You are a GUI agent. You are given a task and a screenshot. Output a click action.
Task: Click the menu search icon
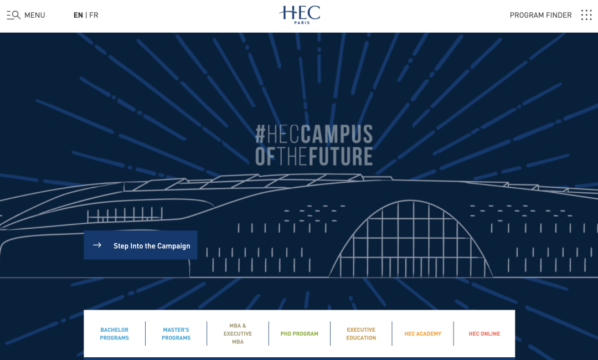coord(13,15)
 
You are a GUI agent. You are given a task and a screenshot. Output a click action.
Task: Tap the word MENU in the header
coord(34,15)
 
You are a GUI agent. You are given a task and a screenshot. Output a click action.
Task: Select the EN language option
coord(78,15)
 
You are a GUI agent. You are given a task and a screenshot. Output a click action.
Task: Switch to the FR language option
coord(94,15)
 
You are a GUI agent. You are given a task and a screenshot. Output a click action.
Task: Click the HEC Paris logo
coord(300,14)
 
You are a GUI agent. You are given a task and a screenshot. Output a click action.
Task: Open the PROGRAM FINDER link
coord(540,15)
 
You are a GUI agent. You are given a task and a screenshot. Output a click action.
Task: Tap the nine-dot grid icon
coord(586,15)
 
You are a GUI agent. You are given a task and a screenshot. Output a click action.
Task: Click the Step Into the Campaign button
coord(141,245)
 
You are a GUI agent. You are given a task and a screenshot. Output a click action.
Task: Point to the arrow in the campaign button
coord(97,245)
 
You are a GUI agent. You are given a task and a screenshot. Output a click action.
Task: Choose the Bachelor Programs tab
coord(115,333)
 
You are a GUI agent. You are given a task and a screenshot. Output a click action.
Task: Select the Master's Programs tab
coord(176,333)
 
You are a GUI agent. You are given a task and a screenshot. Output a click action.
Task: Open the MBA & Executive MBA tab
coord(238,333)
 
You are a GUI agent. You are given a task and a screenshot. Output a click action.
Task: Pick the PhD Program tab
coord(300,333)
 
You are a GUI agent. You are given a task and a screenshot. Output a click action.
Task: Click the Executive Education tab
coord(361,333)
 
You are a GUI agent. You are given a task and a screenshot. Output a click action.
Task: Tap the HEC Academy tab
coord(422,333)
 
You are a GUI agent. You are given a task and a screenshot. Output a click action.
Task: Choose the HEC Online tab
coord(484,333)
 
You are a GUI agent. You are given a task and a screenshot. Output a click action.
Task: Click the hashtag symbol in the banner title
coord(260,134)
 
